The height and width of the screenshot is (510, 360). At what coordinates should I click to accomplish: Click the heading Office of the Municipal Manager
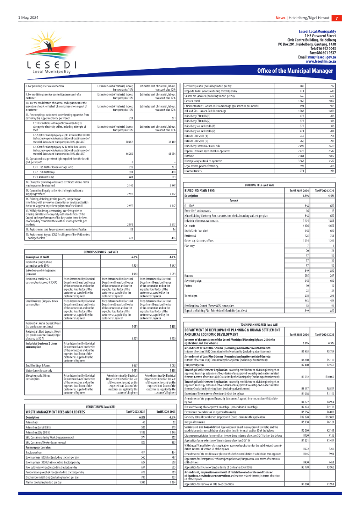[x=295, y=71]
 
